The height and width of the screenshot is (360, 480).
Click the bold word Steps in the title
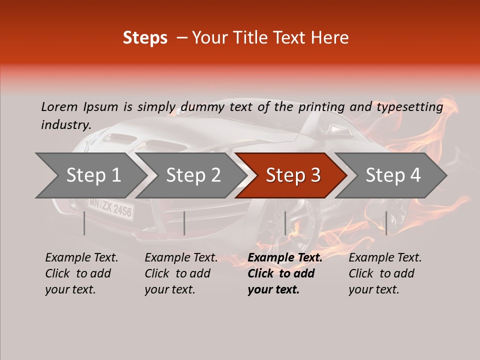tap(145, 38)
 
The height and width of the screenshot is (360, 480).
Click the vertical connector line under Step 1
tap(84, 223)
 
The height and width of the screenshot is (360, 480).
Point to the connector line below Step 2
tap(184, 223)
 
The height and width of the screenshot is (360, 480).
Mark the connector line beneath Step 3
tap(285, 223)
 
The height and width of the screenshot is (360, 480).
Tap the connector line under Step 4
tap(386, 223)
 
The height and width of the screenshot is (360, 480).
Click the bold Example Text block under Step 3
tap(284, 273)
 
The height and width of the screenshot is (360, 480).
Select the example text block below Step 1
tap(81, 273)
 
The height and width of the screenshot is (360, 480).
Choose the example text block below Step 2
tap(181, 273)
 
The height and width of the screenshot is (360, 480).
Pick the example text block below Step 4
tap(385, 273)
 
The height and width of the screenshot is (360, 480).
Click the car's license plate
tap(111, 207)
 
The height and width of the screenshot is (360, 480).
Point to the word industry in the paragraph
tap(65, 125)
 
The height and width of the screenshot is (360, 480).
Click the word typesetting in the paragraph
tap(409, 107)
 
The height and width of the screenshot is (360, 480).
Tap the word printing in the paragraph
tap(321, 107)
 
